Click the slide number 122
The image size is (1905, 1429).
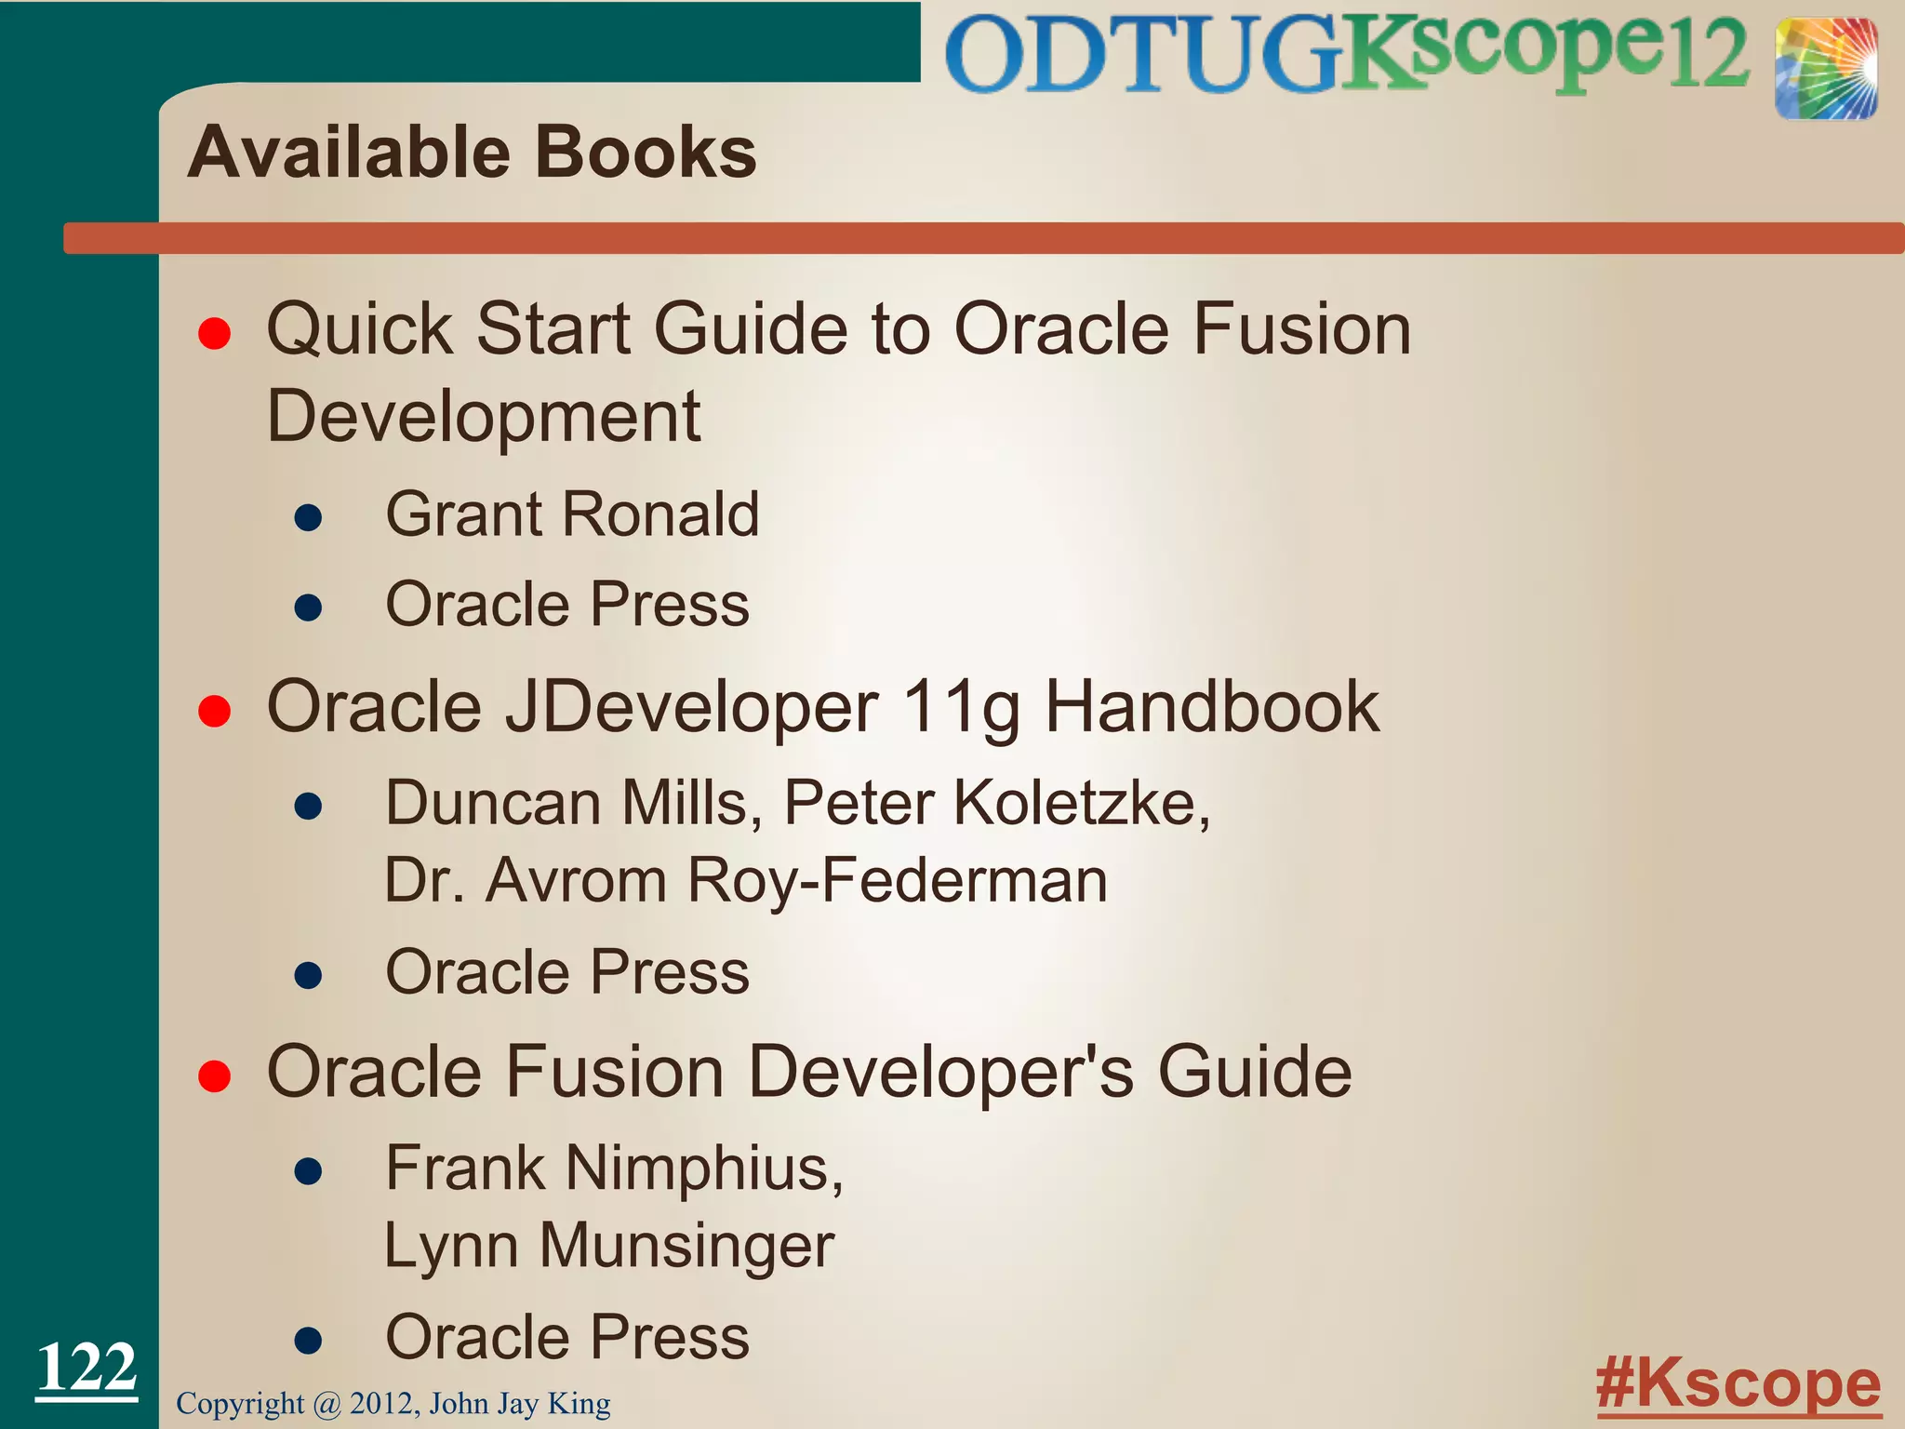(87, 1368)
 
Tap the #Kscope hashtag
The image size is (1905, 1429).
(1738, 1383)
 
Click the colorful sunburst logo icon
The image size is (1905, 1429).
(1825, 70)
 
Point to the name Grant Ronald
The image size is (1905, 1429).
(572, 514)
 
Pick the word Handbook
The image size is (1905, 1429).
(1212, 707)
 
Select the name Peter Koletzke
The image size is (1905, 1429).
(996, 802)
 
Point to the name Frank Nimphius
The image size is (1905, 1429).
(614, 1168)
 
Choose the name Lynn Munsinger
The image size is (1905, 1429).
(609, 1246)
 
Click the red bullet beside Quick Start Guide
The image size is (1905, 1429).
(215, 333)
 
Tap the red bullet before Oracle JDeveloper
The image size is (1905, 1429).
(215, 712)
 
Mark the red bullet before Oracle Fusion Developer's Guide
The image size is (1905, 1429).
(215, 1076)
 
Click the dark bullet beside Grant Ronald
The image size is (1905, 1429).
(308, 518)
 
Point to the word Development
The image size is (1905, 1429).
(484, 416)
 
